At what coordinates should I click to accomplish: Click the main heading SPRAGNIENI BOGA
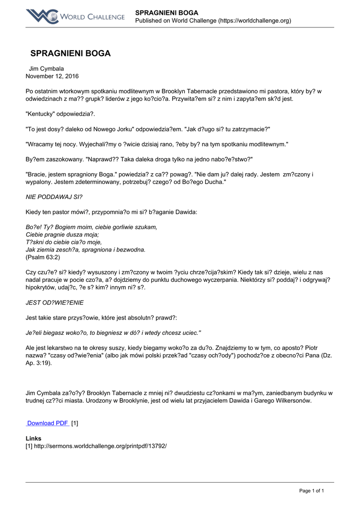point(71,54)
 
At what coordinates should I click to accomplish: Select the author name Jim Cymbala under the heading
point(47,68)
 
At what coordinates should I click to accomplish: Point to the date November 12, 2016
point(52,76)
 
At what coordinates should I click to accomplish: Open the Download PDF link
point(48,423)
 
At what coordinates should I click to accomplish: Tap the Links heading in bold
point(33,439)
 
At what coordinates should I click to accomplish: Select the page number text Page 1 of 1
point(311,491)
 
